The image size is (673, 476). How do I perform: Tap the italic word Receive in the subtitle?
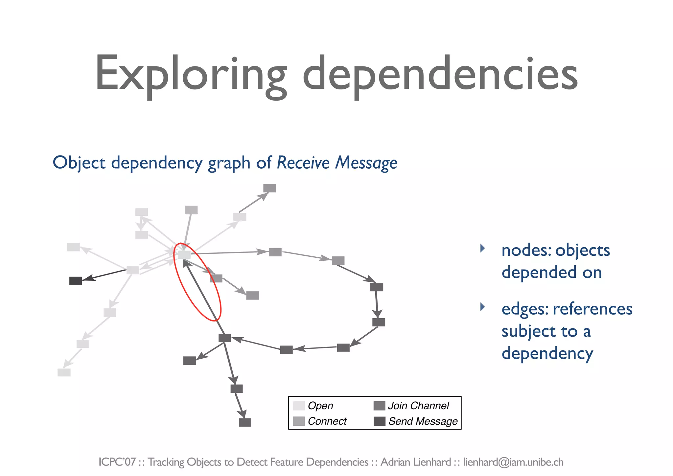303,163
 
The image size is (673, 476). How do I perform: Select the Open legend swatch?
299,406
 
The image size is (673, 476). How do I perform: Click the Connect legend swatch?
299,421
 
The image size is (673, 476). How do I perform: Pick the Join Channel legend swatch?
379,406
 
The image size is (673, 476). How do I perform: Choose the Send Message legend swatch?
379,421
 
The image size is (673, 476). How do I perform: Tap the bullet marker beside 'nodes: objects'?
482,248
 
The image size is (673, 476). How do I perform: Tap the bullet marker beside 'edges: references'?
482,307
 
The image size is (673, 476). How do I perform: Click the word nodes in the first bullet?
525,250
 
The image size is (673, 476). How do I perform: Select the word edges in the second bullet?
524,309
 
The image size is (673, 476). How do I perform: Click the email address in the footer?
513,462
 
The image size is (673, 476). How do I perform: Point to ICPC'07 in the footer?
117,462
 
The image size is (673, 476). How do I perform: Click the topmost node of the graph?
269,188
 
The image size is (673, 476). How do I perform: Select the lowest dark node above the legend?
245,422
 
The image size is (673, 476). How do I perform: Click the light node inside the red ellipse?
184,254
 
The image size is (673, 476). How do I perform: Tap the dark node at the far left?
76,281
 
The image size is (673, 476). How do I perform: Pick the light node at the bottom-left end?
64,372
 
